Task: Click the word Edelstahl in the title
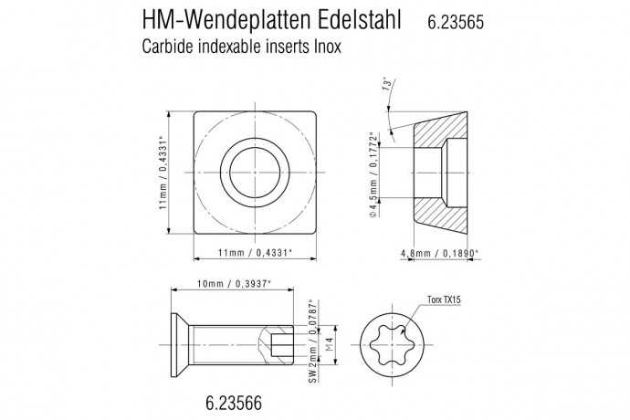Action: pos(352,20)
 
